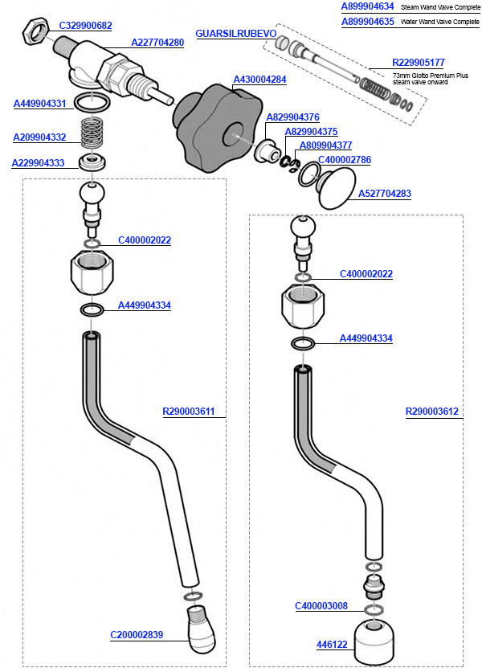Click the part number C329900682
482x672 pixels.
coord(85,26)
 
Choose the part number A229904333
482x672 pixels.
coord(38,162)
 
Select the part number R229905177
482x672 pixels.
coord(418,63)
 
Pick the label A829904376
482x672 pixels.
coord(292,117)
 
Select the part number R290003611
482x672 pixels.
coord(190,412)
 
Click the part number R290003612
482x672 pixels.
coord(432,412)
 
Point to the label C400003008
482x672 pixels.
coord(321,605)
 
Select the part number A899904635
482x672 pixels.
coord(367,22)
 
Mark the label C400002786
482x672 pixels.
coord(345,160)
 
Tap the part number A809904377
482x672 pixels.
coord(325,145)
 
